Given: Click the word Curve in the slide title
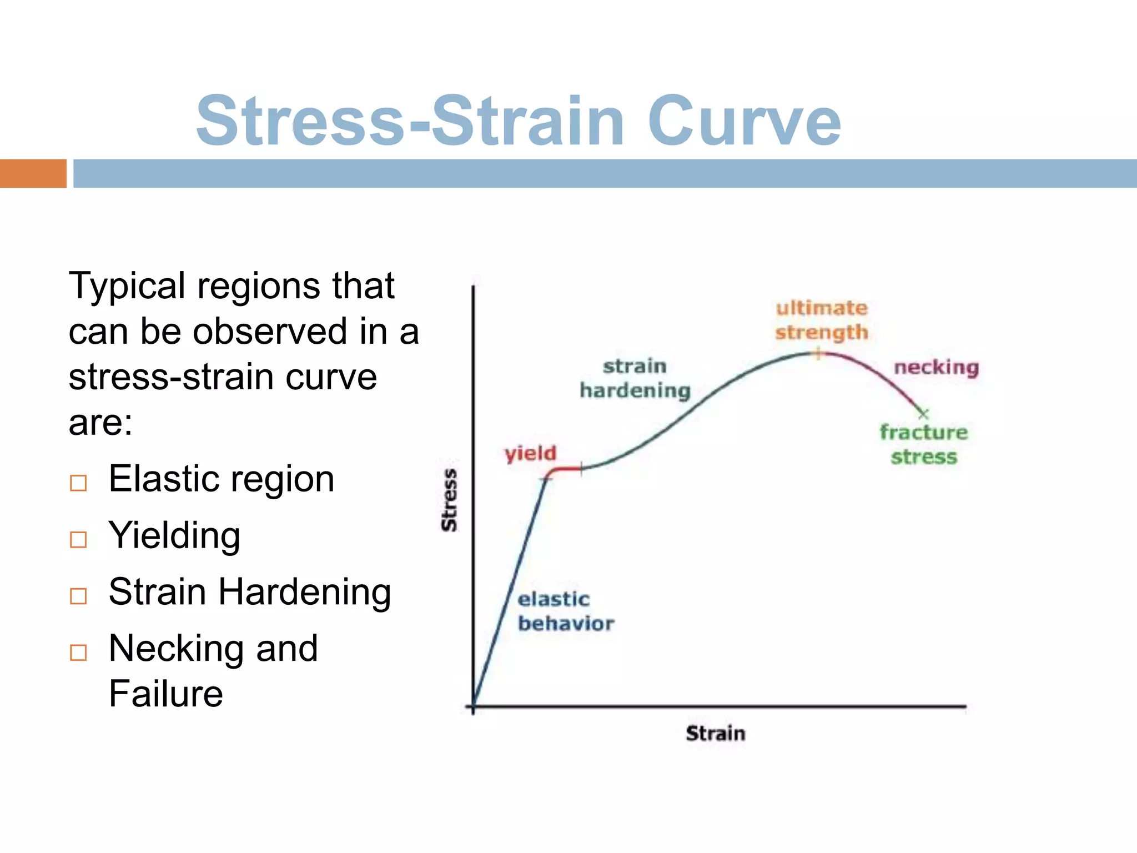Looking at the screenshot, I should pos(744,121).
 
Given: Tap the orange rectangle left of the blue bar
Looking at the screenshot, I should pos(33,173).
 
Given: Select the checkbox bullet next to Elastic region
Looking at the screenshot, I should pos(78,483).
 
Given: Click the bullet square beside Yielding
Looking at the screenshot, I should pos(78,539).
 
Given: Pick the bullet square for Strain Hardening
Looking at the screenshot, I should pos(78,596).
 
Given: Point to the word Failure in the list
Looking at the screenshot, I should pos(165,694).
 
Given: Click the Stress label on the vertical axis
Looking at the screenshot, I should pos(449,500).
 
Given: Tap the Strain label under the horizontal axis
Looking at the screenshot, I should pos(715,733).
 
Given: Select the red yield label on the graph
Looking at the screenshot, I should pos(530,453).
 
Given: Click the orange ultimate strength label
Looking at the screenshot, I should pos(821,320).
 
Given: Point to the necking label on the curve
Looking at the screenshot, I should pos(936,367).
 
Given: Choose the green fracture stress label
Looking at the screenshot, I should pos(924,444).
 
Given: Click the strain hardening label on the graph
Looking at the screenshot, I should pos(635,378).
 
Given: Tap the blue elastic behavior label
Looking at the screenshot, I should pos(565,611).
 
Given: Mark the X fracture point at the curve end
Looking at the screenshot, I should pos(923,414).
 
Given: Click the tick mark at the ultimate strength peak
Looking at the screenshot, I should pos(818,353).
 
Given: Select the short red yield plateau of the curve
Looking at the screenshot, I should pos(565,469).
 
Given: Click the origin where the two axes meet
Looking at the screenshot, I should pos(473,706).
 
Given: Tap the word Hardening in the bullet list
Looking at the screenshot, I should pos(304,592).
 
